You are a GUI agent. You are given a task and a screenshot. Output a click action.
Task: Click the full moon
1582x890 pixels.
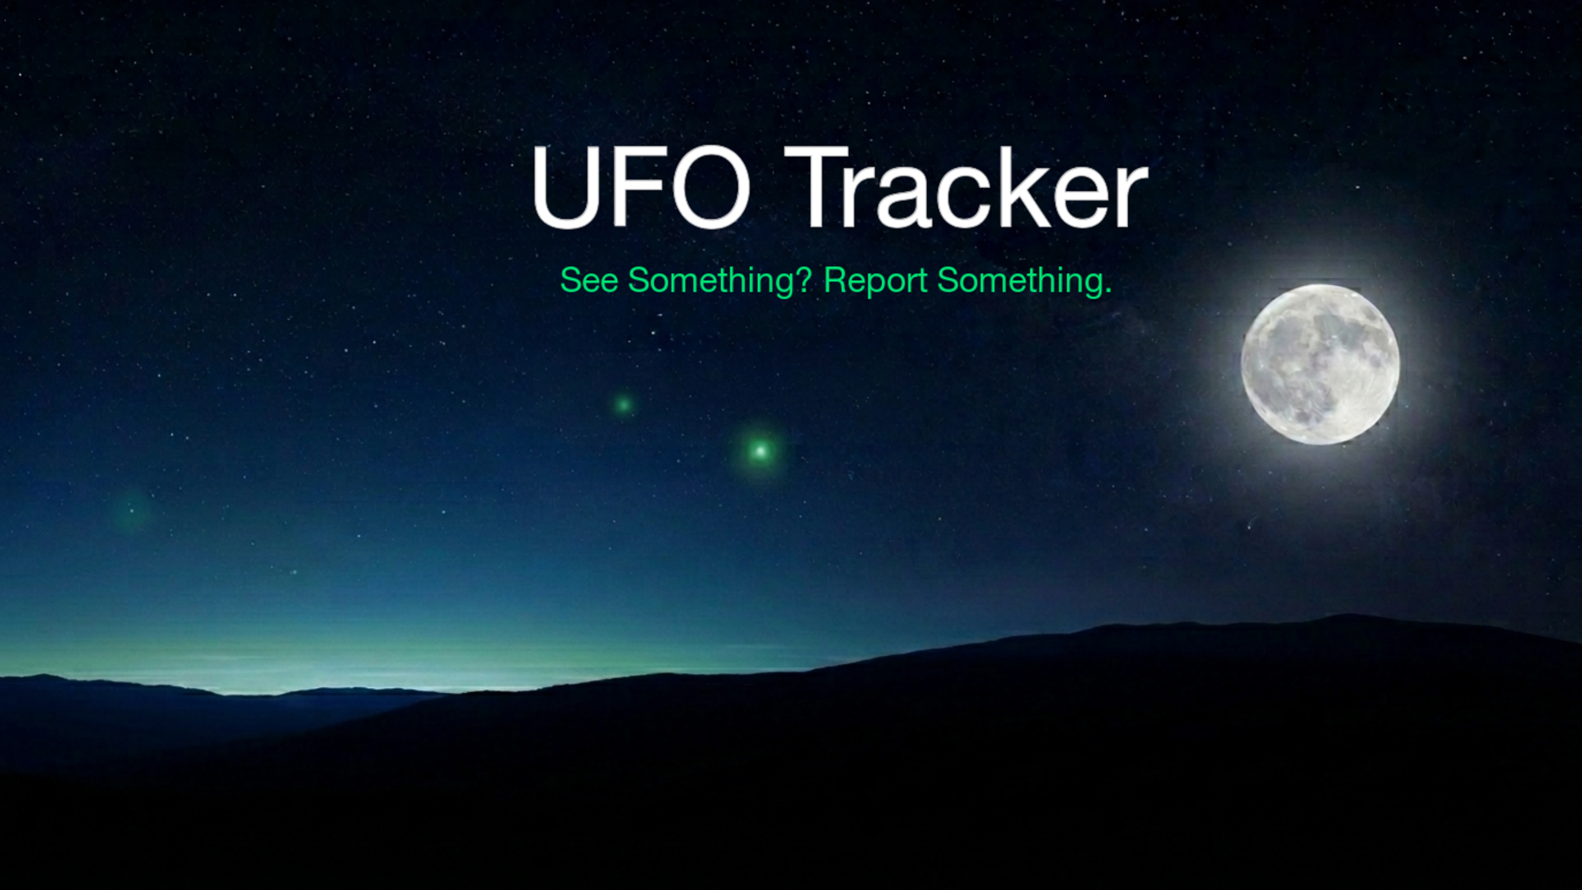tap(1320, 364)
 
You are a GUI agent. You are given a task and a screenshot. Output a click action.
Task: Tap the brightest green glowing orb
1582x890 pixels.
tap(761, 451)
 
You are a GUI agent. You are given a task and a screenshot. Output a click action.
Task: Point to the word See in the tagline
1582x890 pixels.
tap(588, 281)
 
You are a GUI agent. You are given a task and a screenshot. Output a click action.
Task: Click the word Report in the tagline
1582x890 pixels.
tap(875, 282)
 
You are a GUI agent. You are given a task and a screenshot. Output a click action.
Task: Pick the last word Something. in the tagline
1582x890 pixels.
tap(1024, 281)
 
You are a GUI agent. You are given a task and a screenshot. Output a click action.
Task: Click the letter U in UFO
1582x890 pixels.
tap(564, 188)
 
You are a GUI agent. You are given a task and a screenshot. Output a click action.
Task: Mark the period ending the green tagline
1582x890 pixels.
tap(1107, 291)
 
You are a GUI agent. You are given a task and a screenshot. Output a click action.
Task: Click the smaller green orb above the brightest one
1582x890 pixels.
tap(624, 405)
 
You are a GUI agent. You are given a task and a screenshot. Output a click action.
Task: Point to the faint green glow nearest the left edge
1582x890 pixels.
tap(131, 512)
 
